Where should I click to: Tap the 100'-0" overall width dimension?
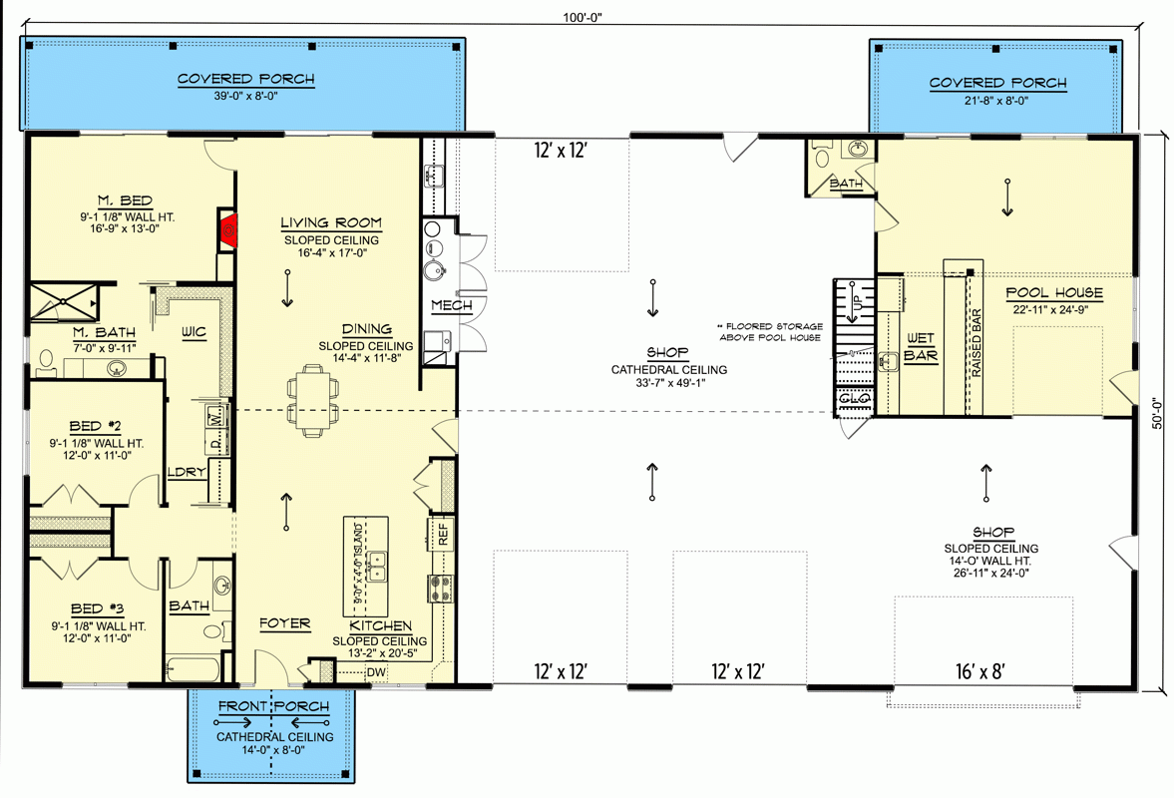pyautogui.click(x=583, y=16)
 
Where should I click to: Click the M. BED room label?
pyautogui.click(x=126, y=201)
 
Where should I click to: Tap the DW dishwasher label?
pyautogui.click(x=376, y=672)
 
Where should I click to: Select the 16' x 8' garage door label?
pyautogui.click(x=978, y=671)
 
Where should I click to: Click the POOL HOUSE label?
pyautogui.click(x=1053, y=292)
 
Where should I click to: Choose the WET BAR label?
pyautogui.click(x=920, y=346)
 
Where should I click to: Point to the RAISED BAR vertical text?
pyautogui.click(x=977, y=342)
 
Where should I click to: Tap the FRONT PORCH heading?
pyautogui.click(x=274, y=707)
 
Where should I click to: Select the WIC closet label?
pyautogui.click(x=193, y=332)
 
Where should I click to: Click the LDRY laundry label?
pyautogui.click(x=187, y=472)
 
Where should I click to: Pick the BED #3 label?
pyautogui.click(x=96, y=607)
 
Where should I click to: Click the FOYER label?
pyautogui.click(x=284, y=623)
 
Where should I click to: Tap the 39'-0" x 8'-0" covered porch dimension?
pyautogui.click(x=245, y=97)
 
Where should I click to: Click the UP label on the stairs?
pyautogui.click(x=853, y=299)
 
